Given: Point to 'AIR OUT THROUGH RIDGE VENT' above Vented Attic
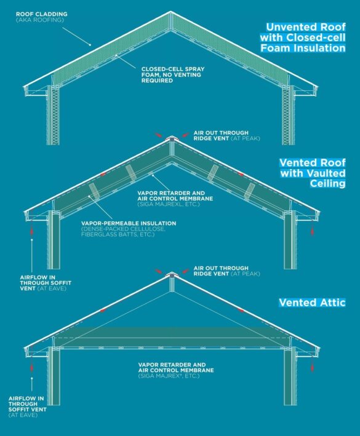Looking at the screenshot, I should tap(220, 268).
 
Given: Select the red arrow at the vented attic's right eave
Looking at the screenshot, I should tap(313, 367).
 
